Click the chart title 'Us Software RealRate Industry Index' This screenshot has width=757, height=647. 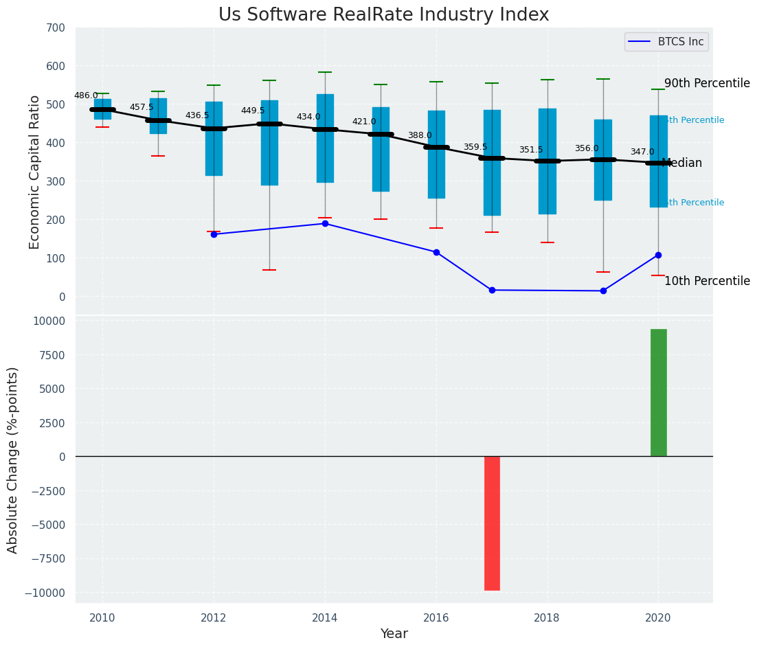(383, 15)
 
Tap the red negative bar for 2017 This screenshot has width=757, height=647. (492, 523)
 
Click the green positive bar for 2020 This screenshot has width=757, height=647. (658, 392)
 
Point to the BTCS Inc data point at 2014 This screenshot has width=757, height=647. (325, 224)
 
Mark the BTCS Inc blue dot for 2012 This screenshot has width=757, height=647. (214, 234)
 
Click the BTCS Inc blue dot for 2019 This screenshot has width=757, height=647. (603, 291)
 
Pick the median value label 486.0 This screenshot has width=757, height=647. (86, 96)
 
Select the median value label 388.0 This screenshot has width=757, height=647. (420, 136)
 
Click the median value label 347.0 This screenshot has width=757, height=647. (642, 152)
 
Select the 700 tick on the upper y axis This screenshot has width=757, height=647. (56, 28)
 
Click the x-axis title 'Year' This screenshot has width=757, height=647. (394, 634)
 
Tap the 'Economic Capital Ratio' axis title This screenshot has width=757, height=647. (35, 172)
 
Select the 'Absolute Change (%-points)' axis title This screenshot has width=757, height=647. (13, 459)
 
